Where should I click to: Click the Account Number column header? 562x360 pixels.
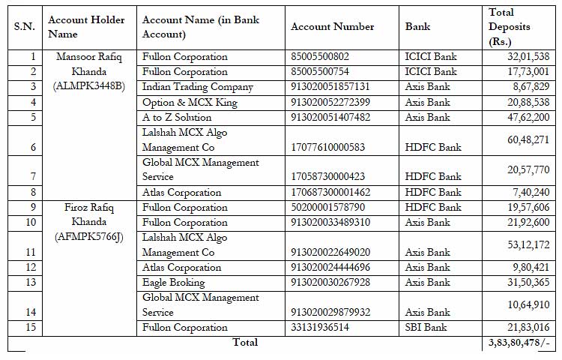click(332, 27)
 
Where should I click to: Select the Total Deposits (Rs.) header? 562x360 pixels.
click(509, 27)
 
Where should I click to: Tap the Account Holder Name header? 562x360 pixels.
click(86, 27)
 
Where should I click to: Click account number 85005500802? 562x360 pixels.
click(321, 57)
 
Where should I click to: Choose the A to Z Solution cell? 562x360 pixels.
click(177, 117)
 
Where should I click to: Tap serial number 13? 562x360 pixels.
click(30, 283)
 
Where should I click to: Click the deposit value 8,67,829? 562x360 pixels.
click(531, 87)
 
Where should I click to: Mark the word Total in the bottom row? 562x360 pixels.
click(245, 343)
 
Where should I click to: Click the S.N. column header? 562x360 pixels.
click(25, 27)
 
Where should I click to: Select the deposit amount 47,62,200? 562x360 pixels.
click(528, 117)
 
